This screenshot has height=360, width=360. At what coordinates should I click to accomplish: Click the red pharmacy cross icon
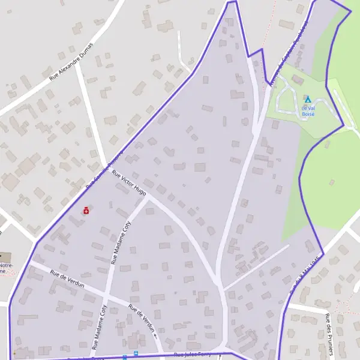[86, 211]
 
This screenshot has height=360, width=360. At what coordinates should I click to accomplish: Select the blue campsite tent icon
[307, 99]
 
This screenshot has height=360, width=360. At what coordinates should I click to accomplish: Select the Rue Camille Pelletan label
[104, 168]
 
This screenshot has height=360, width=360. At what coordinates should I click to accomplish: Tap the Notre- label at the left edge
[5, 265]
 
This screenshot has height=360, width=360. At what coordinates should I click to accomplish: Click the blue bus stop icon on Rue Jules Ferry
[136, 354]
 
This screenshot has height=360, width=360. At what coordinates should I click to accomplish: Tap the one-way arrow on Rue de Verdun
[155, 336]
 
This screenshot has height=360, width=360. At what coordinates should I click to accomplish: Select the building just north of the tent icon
[298, 80]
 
